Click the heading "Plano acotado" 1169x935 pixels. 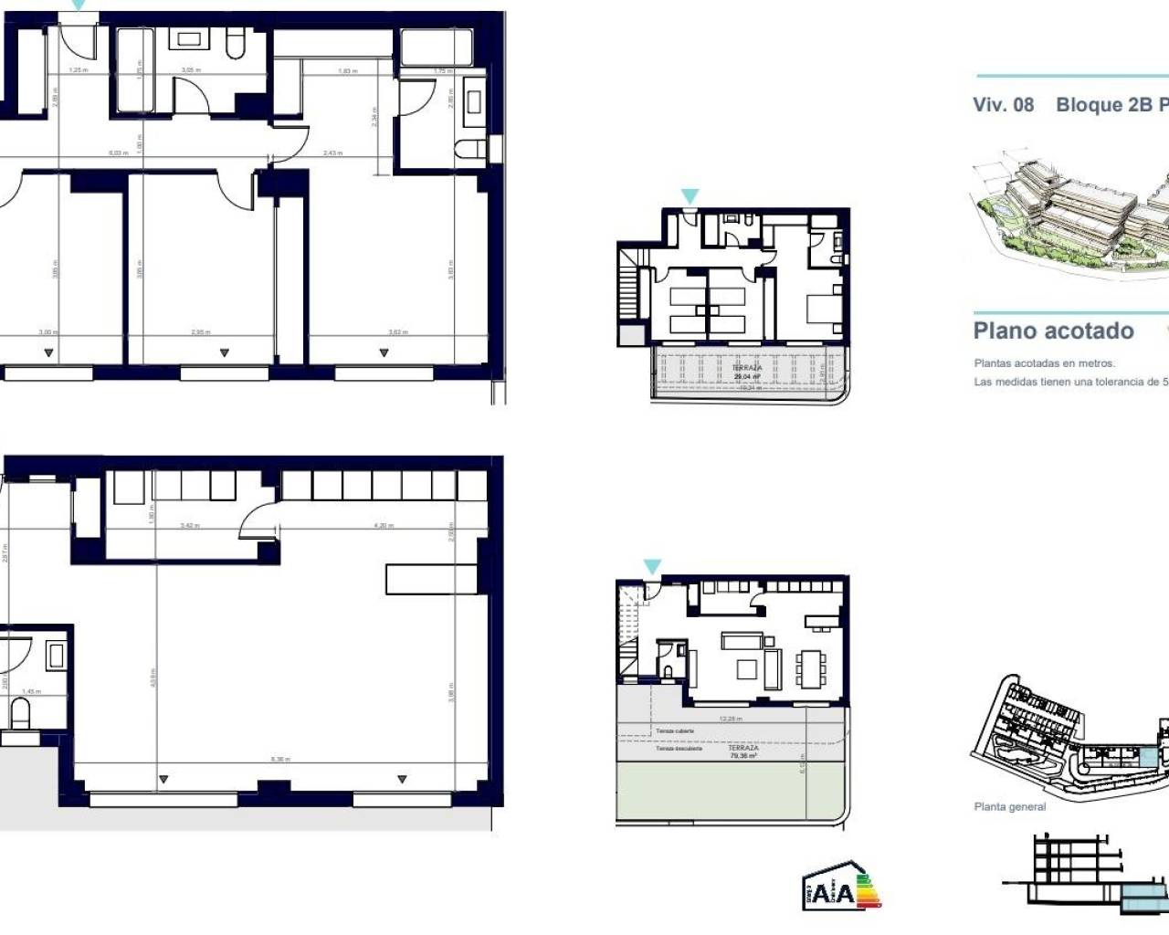(1053, 331)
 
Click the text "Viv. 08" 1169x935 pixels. (1003, 105)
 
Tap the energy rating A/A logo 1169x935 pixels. (841, 888)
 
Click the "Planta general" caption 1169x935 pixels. (1009, 807)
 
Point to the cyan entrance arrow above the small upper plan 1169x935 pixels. (690, 196)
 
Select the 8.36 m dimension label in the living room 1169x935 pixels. (280, 760)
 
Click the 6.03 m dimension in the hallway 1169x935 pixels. (118, 153)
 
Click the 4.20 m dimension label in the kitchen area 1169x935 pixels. (384, 526)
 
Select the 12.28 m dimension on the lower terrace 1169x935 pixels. (730, 719)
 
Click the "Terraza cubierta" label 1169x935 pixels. (674, 731)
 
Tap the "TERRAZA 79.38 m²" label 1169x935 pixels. (743, 752)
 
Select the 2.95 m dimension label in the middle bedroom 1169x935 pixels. (201, 332)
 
